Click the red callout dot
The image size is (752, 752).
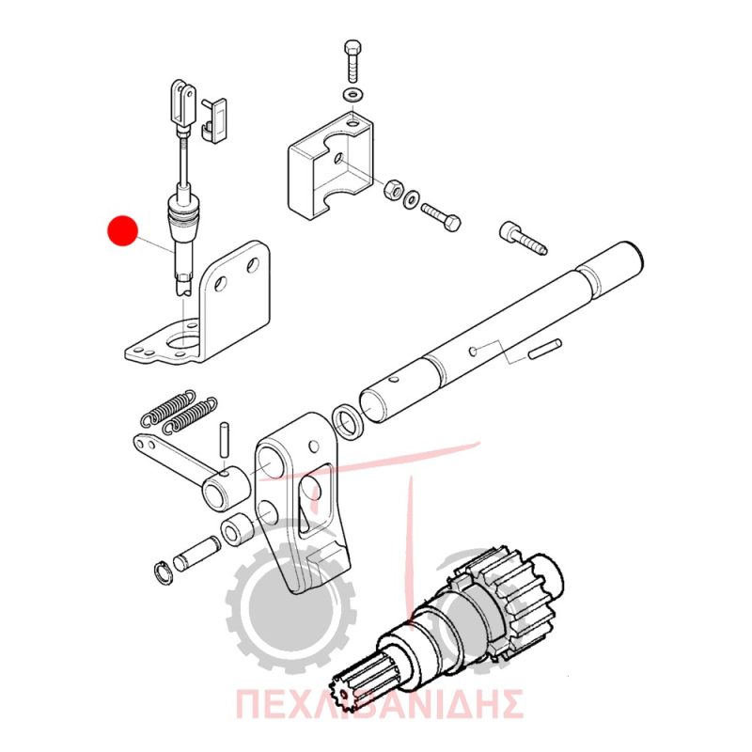coord(122,230)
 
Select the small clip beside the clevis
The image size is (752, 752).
coord(214,120)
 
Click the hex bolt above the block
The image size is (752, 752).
coord(353,62)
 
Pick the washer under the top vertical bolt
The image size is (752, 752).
coord(353,94)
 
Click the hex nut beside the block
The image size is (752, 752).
coord(393,189)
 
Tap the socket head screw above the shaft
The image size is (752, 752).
coord(524,238)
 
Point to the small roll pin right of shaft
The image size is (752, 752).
coord(545,348)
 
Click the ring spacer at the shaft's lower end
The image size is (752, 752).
coord(349,420)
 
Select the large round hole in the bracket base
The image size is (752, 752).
coord(181,339)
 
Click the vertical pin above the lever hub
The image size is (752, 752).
coord(224,439)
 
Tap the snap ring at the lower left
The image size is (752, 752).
coord(164,572)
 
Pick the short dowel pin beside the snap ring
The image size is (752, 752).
coord(196,554)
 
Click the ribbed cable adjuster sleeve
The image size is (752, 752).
coord(183,214)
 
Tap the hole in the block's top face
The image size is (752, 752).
coord(353,124)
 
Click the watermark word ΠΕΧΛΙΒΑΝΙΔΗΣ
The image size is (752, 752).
coord(379,704)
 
